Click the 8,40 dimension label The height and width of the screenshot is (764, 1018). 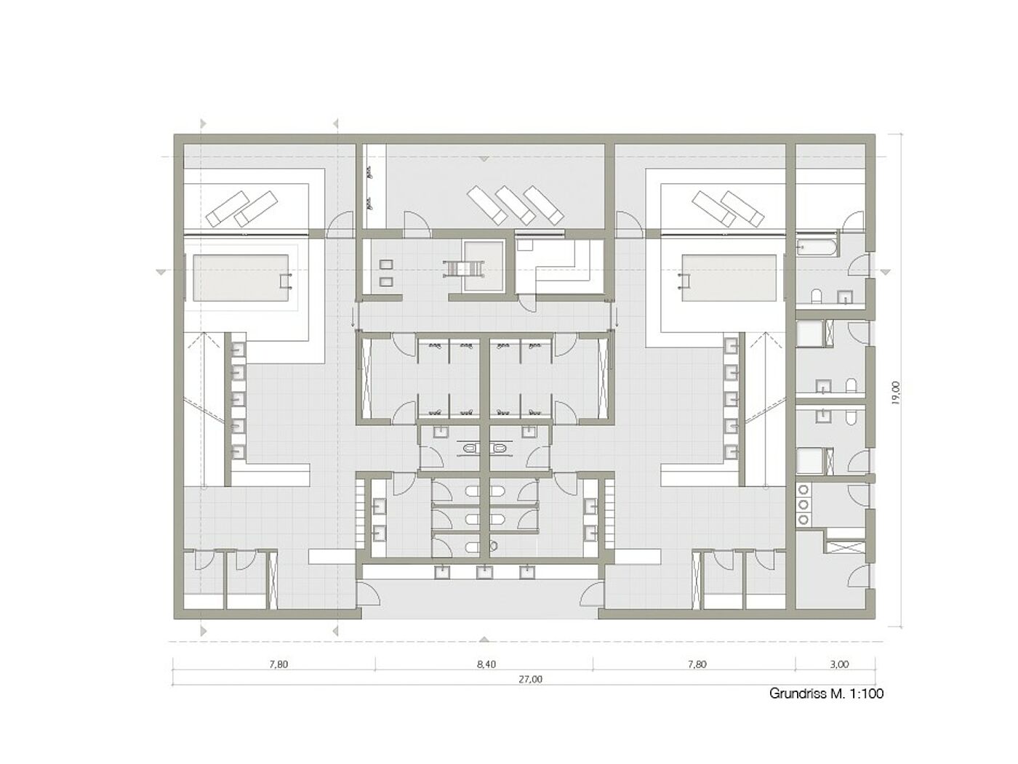click(486, 664)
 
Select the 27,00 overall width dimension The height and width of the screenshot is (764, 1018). click(530, 679)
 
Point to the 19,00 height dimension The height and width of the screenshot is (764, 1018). click(895, 393)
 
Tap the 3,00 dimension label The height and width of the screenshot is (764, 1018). click(839, 664)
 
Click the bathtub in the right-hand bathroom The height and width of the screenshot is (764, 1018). click(817, 246)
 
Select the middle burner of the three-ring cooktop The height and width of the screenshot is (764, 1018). click(803, 504)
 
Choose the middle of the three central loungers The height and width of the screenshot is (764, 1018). click(515, 204)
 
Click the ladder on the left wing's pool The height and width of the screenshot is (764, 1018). click(286, 281)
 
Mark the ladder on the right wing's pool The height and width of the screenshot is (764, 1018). click(684, 281)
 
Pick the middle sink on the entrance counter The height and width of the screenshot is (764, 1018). click(485, 573)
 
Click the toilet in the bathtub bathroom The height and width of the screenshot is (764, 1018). click(817, 296)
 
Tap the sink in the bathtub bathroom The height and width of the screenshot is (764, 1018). click(846, 297)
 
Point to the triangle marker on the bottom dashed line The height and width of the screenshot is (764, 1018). click(484, 639)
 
